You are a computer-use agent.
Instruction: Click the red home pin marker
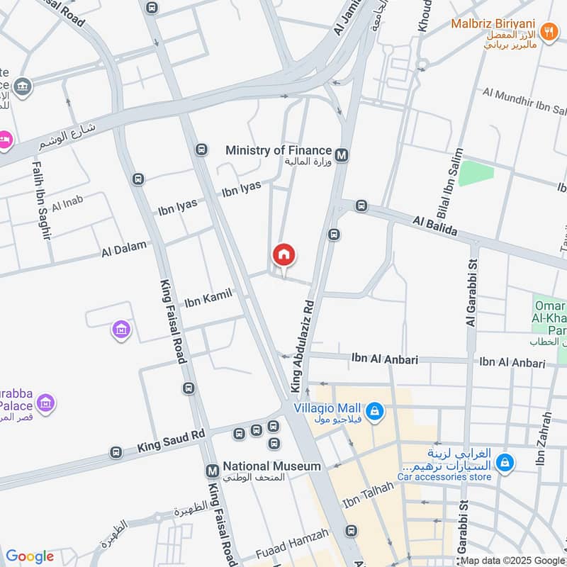pos(283,254)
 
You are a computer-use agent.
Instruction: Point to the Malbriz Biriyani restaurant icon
pos(548,32)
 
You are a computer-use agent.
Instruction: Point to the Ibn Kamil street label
pos(208,300)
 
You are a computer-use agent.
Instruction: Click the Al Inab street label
pos(67,204)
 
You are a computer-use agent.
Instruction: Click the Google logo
pos(30,556)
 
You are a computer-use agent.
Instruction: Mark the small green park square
pos(476,173)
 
